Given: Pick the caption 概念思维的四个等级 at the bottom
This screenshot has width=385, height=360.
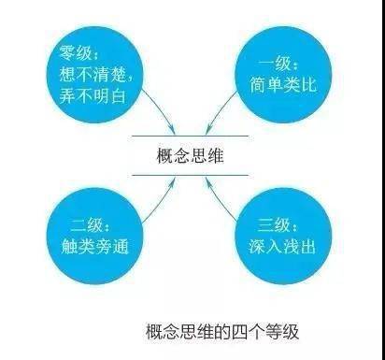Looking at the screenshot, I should (220, 331).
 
